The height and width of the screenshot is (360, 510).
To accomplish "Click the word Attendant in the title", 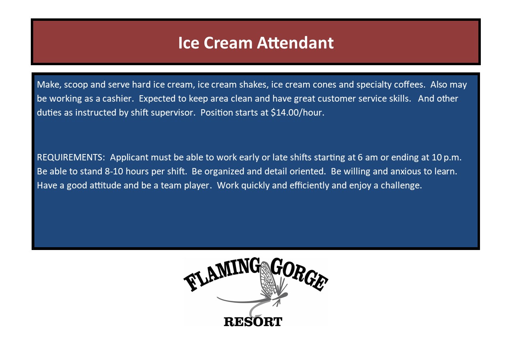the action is [x=295, y=42].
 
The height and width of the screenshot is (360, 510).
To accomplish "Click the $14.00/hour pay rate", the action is [x=297, y=112].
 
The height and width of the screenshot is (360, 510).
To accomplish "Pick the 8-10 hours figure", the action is [x=126, y=171].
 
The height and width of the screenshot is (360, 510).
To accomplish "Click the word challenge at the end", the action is [x=401, y=186].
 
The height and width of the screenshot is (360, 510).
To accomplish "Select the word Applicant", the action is [x=129, y=158].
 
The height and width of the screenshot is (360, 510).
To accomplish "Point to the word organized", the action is [x=224, y=172].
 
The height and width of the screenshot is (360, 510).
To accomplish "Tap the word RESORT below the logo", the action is [x=253, y=322].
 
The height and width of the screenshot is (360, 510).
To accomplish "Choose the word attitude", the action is [x=106, y=185].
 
